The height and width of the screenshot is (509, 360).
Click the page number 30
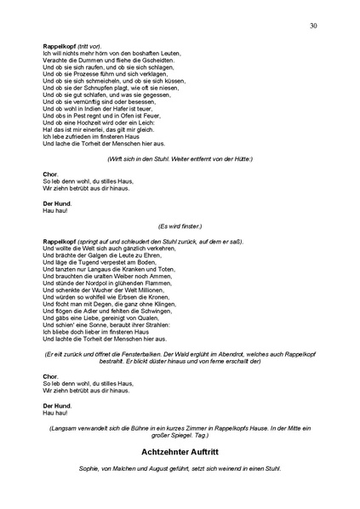coord(314,26)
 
